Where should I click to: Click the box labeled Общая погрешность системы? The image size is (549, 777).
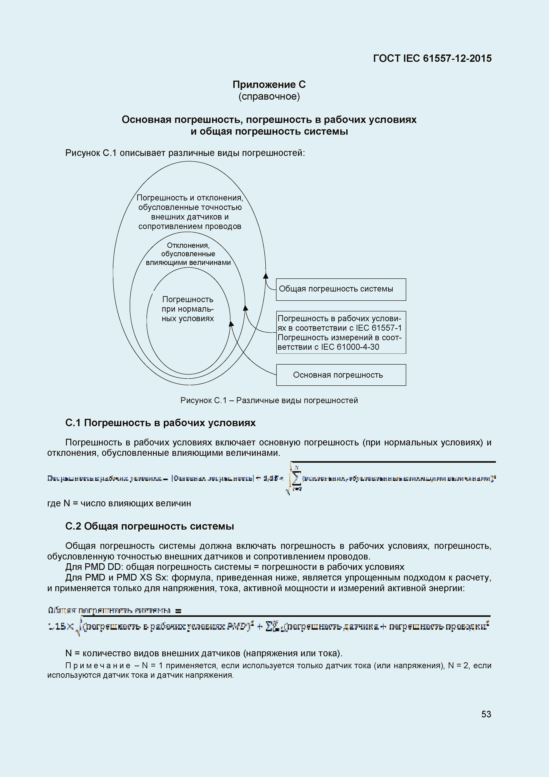[x=341, y=289]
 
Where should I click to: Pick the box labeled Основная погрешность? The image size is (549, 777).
[x=341, y=375]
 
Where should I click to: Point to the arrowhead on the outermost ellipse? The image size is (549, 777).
[x=266, y=276]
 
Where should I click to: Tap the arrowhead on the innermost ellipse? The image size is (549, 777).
[x=231, y=324]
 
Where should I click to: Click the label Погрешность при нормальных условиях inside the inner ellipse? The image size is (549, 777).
[x=188, y=309]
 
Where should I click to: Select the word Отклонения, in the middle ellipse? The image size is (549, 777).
[x=188, y=245]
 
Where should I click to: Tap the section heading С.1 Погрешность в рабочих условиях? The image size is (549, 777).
[x=160, y=423]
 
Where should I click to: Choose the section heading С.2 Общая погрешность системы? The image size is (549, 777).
[x=149, y=526]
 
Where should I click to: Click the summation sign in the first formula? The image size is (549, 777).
[x=296, y=478]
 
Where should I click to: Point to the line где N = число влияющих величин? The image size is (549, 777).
[x=119, y=503]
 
